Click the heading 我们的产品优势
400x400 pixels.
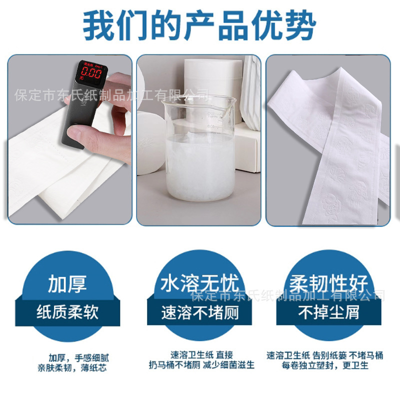(199, 24)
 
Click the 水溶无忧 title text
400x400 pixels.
(199, 283)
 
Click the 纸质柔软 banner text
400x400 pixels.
(67, 312)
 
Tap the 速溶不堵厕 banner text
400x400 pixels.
(199, 313)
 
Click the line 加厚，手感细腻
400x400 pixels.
(78, 358)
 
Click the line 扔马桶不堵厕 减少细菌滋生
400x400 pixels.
(201, 365)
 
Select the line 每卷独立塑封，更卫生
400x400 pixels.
(324, 365)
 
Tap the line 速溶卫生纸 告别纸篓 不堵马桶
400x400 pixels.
(324, 355)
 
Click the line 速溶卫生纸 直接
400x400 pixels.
(201, 354)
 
